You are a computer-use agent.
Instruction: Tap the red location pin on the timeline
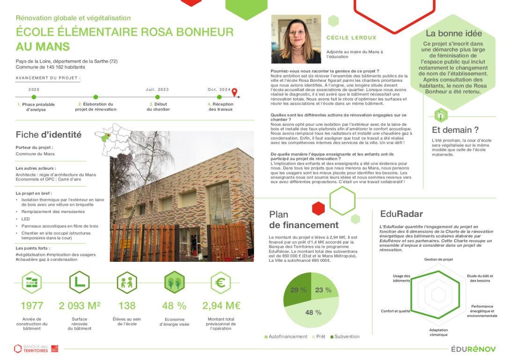coord(235,92)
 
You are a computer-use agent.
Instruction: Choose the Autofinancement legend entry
coord(286,337)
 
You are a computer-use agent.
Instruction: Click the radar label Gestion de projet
coord(438,259)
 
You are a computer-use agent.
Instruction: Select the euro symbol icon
coord(221,282)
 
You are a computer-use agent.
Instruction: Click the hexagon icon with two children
coord(127,282)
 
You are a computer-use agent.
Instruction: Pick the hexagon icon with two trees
coord(174,282)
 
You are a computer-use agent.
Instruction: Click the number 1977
coord(32,306)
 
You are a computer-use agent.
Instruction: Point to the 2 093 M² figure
coord(80,306)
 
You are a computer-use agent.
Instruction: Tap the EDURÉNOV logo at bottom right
coord(474,349)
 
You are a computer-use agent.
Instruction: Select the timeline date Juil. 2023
coord(157,89)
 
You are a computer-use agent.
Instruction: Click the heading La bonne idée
coord(453,33)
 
